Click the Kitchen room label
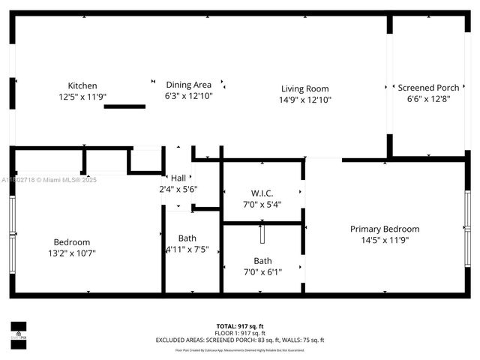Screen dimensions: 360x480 82,85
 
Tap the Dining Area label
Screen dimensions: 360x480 188,85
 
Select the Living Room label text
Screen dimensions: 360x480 305,88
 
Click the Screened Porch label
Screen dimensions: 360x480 428,88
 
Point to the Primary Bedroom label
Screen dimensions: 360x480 385,229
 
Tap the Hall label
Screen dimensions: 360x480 178,178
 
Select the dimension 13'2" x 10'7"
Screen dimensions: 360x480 72,253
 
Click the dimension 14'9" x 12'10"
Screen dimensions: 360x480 305,99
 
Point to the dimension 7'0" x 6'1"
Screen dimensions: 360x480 262,271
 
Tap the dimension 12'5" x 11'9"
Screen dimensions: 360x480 82,97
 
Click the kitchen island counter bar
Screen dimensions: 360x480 124,106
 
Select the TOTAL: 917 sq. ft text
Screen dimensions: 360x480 239,326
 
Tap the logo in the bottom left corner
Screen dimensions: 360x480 18,331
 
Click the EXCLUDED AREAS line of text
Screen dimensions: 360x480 239,340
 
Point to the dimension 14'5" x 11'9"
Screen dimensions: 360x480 385,240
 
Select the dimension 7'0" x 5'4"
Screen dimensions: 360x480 262,204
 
